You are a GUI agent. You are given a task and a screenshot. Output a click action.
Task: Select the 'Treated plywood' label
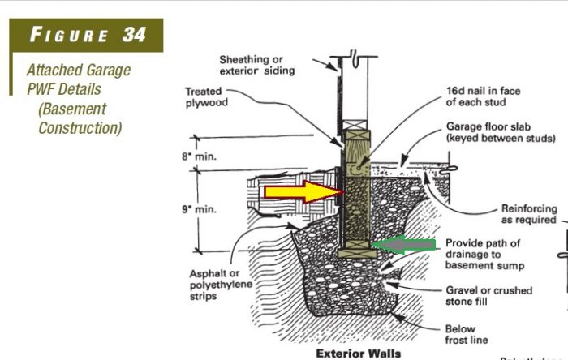(207, 97)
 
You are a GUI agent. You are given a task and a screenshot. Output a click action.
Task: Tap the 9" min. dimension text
(200, 208)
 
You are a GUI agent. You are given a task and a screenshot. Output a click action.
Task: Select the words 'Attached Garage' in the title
(79, 71)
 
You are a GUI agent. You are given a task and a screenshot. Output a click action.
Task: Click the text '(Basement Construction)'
(80, 118)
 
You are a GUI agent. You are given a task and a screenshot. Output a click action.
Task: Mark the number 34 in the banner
(134, 36)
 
